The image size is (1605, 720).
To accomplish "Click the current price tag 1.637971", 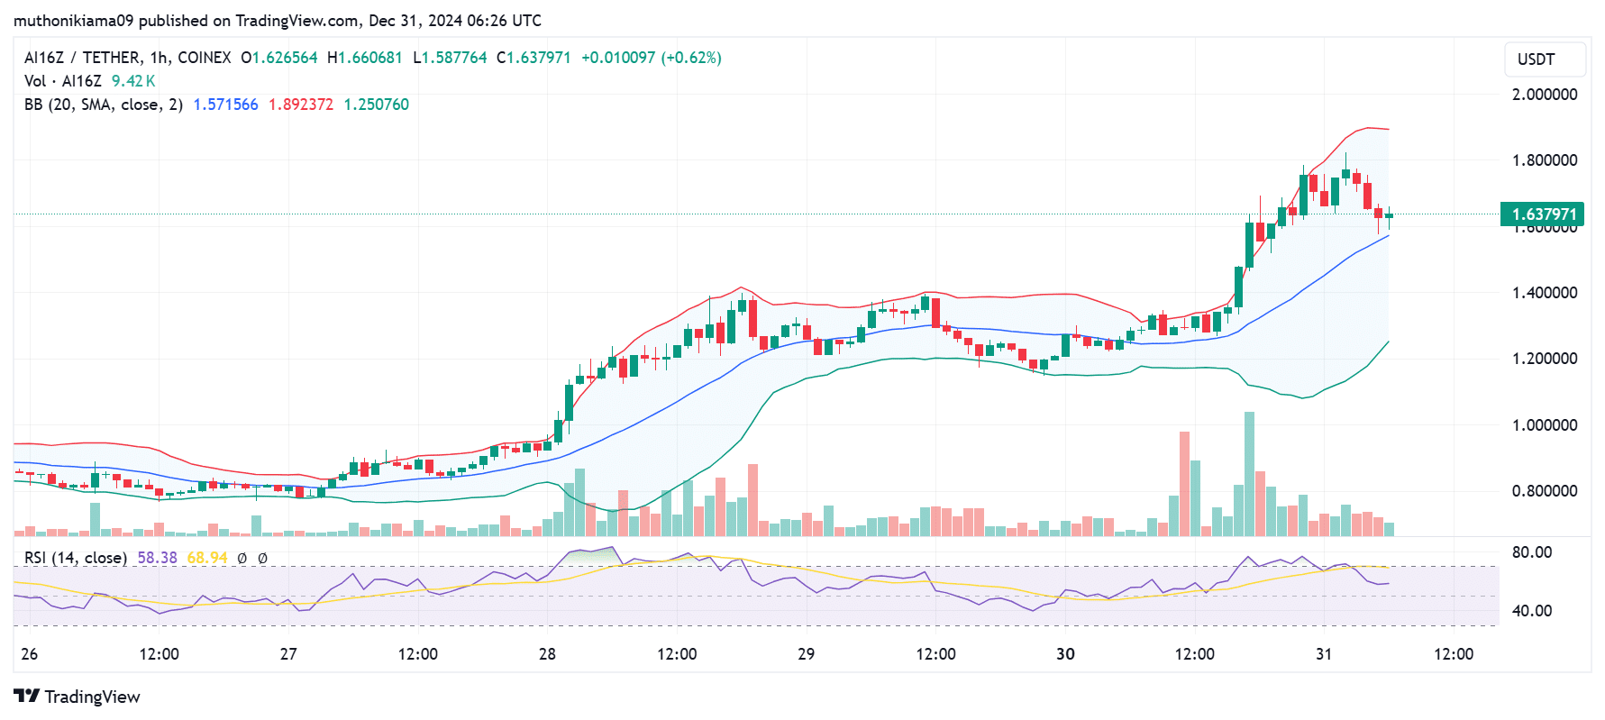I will (1542, 214).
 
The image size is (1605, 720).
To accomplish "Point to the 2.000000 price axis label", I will (1545, 95).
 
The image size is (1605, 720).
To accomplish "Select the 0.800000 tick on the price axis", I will (1545, 491).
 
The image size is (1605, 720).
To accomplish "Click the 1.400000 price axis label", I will (1545, 293).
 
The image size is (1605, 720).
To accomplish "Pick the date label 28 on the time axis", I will (547, 654).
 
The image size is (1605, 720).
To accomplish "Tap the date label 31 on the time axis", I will (1323, 654).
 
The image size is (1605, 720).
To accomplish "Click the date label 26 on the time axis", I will (30, 654).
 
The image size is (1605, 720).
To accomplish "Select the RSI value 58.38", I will (157, 558).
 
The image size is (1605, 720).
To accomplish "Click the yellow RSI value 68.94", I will (206, 558).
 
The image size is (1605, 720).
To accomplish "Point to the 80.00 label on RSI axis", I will (1531, 552).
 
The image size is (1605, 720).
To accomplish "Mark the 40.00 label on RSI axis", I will (1531, 611).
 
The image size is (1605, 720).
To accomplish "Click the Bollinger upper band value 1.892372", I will (300, 105).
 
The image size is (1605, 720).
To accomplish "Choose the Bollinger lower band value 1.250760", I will (376, 105).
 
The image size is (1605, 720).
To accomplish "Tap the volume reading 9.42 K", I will (132, 81).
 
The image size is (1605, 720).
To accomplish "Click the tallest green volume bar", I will (1249, 473).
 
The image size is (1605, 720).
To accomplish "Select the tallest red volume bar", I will (1184, 484).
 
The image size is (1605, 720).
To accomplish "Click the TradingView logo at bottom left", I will (78, 697).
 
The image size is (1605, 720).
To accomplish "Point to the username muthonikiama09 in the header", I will (73, 20).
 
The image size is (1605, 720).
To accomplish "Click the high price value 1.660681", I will (371, 58).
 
